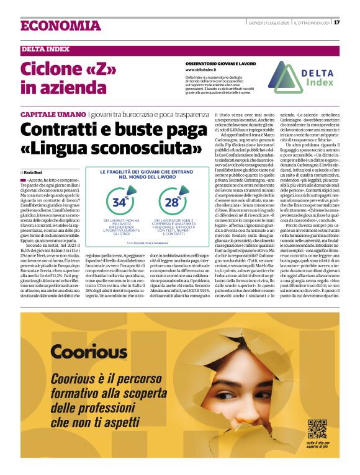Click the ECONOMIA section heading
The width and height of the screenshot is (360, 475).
pyautogui.click(x=60, y=26)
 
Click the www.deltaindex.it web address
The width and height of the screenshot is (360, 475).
pyautogui.click(x=204, y=69)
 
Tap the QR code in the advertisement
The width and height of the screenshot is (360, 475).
pyautogui.click(x=317, y=428)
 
